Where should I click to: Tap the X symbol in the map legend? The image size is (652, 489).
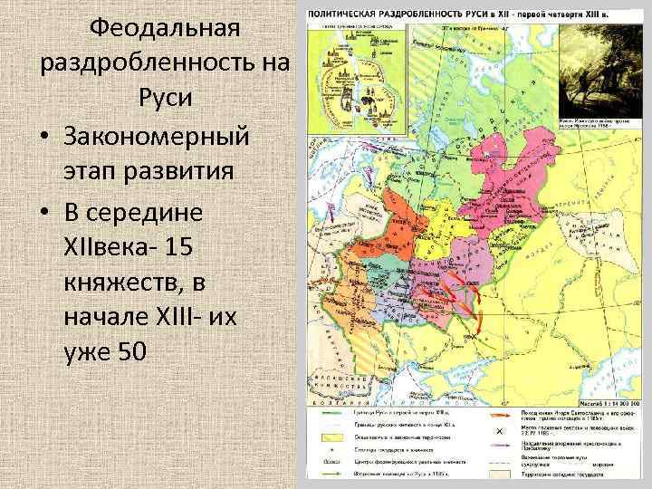(x=498, y=430)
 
